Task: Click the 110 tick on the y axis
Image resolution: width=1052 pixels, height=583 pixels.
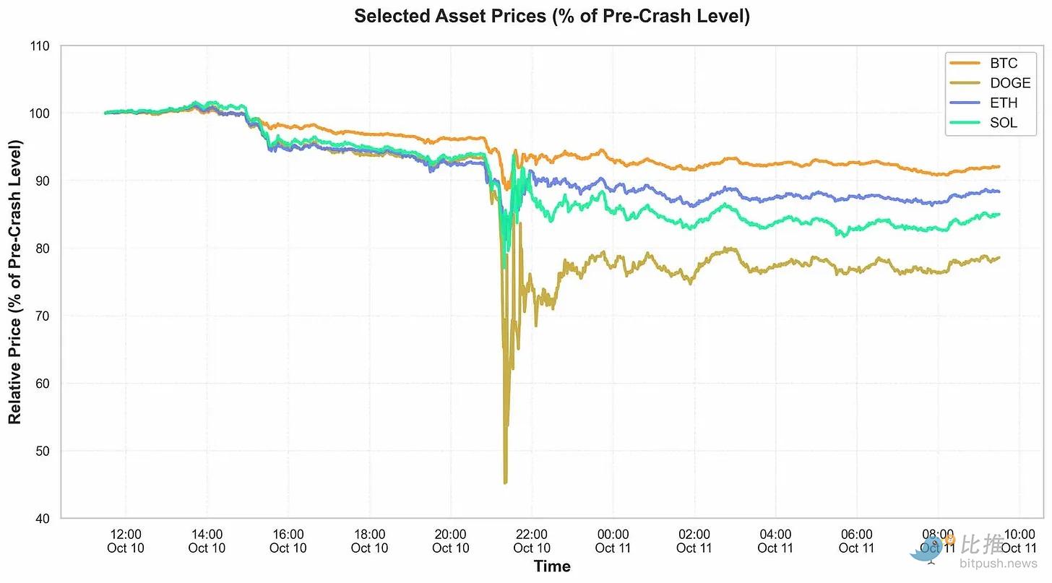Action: tap(40, 46)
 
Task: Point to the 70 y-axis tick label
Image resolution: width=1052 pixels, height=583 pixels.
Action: tap(42, 316)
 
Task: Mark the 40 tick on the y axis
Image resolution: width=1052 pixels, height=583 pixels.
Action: tap(42, 519)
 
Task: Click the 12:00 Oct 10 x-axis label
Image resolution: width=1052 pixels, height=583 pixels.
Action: tap(126, 541)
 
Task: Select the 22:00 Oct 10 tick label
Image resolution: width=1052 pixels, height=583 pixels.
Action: tap(532, 541)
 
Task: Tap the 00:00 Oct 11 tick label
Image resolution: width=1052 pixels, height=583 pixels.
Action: tap(613, 541)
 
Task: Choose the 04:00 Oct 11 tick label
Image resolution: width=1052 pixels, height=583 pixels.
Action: tap(775, 541)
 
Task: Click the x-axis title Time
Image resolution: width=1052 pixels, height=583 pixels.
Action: tap(552, 566)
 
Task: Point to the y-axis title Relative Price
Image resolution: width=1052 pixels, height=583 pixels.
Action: tap(14, 282)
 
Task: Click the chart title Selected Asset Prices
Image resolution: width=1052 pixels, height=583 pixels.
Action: tap(552, 16)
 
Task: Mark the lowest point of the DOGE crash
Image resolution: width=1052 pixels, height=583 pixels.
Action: tap(505, 483)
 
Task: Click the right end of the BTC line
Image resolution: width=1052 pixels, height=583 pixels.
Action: tap(999, 167)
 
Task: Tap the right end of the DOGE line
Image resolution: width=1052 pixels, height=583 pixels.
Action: tap(999, 257)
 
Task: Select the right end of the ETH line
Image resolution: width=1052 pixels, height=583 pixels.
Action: tap(999, 191)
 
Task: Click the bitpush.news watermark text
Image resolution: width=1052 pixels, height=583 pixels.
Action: tap(998, 563)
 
